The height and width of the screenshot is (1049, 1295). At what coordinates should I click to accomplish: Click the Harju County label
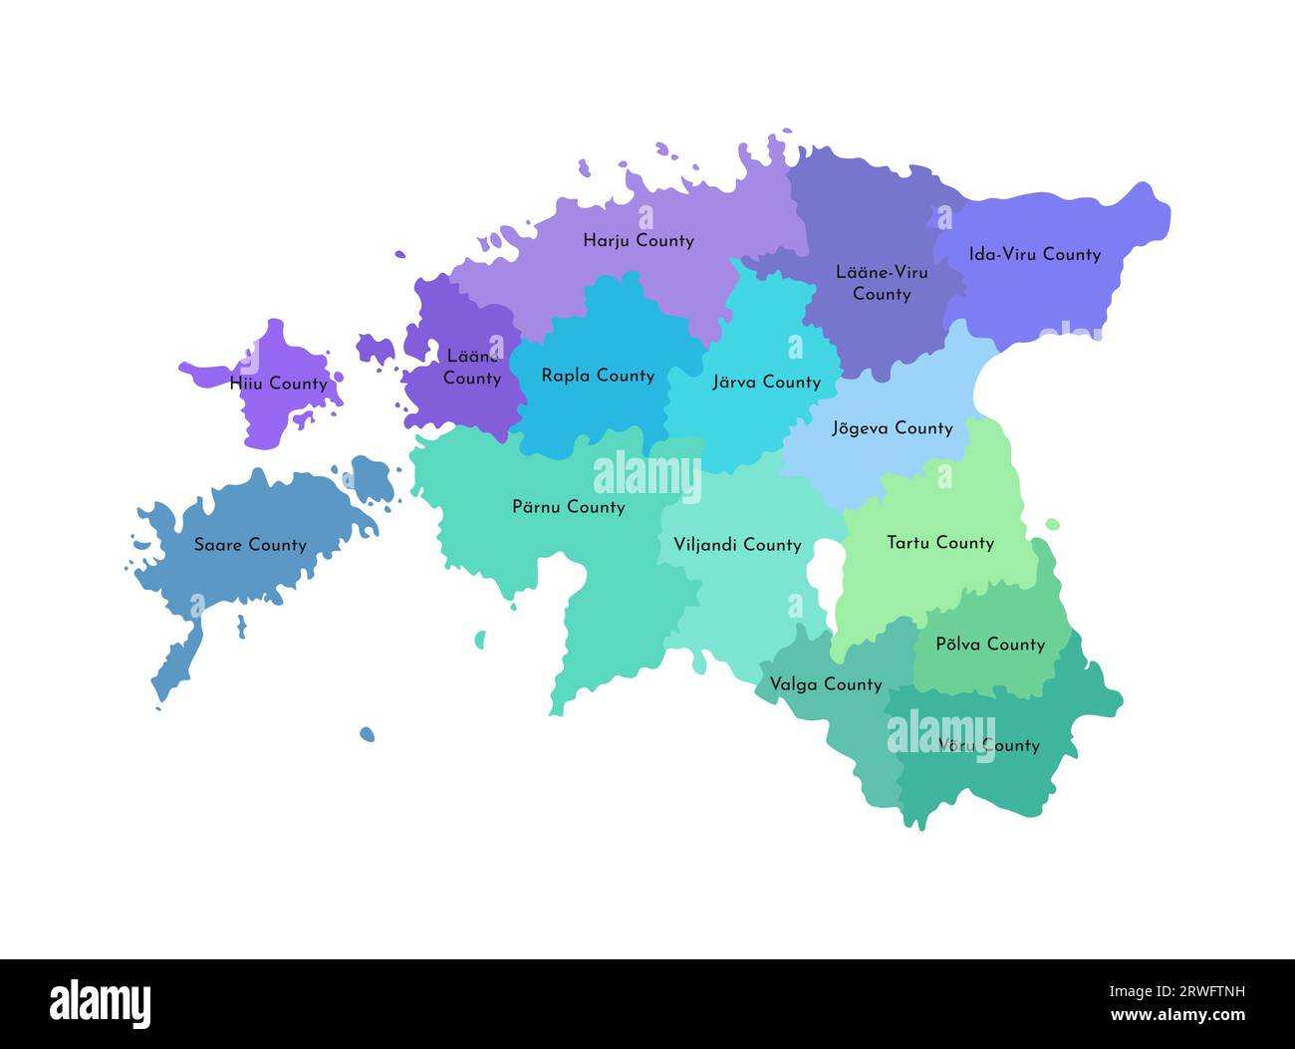[638, 240]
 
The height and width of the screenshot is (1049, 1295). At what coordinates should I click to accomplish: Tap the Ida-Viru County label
[1034, 254]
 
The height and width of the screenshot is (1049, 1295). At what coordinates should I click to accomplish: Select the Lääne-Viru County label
[882, 283]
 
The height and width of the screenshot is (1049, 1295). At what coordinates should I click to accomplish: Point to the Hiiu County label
[278, 384]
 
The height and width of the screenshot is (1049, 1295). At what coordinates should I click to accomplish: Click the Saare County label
[250, 545]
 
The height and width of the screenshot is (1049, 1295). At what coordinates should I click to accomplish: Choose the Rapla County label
[598, 376]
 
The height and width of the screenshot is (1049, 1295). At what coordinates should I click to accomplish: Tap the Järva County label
[766, 382]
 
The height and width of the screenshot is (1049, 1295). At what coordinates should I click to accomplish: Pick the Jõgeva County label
[892, 428]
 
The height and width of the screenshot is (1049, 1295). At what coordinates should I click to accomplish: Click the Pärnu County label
[568, 507]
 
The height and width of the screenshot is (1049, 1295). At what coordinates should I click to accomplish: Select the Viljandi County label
[737, 545]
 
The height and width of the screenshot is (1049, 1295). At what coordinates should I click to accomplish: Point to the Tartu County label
[940, 543]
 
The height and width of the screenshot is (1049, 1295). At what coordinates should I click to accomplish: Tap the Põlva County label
[990, 645]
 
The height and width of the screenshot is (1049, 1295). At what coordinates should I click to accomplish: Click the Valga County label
[825, 684]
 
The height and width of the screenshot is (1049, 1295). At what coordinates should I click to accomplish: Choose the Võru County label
[988, 745]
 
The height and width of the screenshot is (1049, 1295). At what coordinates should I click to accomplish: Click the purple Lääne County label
[472, 367]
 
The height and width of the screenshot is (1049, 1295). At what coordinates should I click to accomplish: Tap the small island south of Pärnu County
[367, 734]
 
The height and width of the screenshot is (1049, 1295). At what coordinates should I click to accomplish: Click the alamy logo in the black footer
[101, 1003]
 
